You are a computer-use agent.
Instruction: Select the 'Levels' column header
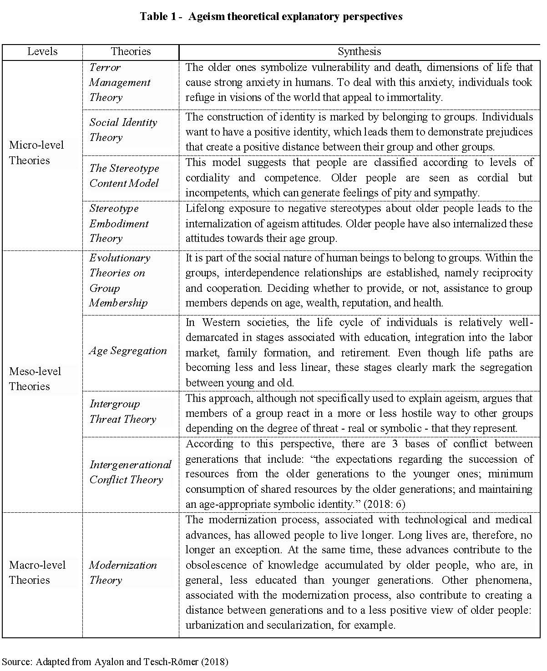coord(42,51)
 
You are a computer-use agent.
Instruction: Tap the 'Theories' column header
coord(131,51)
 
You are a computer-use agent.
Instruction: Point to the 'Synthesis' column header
coord(359,51)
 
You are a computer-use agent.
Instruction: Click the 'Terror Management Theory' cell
coord(119,82)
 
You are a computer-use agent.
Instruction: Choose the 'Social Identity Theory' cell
coord(123,130)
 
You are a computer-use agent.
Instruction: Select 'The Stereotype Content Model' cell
coord(124,175)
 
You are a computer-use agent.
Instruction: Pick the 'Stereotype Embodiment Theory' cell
coord(119,223)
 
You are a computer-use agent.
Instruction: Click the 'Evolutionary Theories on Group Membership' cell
coord(120,280)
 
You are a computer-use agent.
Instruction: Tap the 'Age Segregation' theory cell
coord(128,351)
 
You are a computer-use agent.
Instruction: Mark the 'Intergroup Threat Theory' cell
coord(122,411)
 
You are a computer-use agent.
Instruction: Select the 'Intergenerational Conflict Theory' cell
coord(130,472)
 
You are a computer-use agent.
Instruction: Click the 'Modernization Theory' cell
coord(123,572)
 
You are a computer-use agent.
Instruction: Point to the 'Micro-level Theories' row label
coord(36,153)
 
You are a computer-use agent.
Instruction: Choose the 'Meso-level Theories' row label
coord(35,379)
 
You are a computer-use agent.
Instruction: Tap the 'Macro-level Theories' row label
coord(37,572)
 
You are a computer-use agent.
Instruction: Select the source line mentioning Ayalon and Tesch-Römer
coord(115,661)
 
